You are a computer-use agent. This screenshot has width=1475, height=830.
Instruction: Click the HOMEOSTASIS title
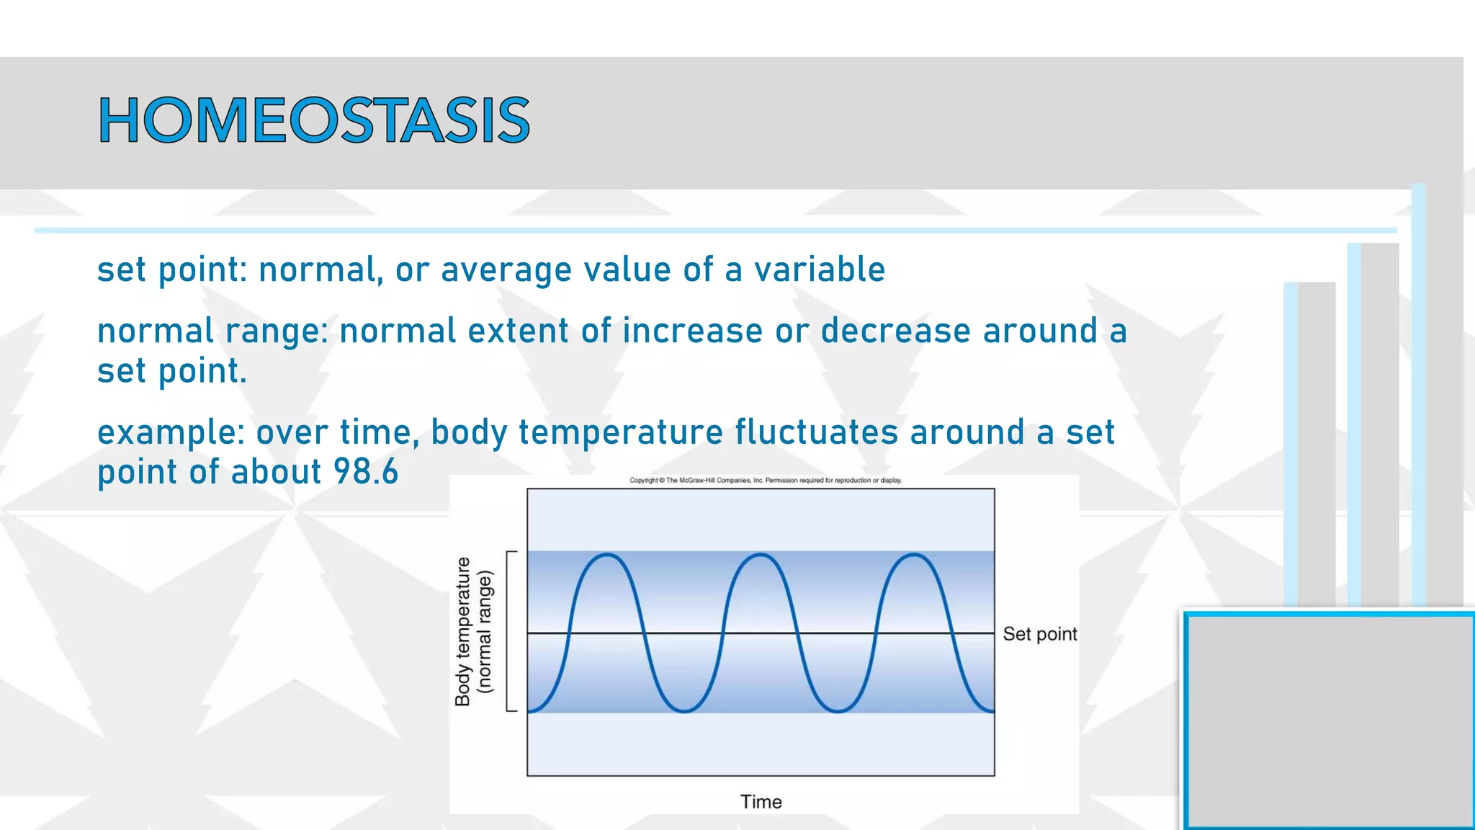[x=314, y=120]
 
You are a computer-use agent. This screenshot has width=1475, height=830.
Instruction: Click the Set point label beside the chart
[x=1039, y=634]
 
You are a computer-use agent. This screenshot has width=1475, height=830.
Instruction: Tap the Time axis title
[x=761, y=802]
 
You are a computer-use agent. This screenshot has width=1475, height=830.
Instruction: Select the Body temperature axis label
[x=463, y=631]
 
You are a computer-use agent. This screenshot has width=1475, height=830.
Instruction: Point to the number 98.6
[x=366, y=472]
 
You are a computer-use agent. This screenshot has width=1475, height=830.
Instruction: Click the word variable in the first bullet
[x=819, y=269]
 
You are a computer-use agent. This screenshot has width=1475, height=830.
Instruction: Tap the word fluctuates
[x=816, y=432]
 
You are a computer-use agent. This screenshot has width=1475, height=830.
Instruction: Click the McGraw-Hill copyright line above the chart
[x=765, y=481]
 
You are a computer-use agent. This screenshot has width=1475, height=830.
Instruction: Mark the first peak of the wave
[x=608, y=555]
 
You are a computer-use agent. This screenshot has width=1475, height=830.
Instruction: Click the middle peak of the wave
[x=761, y=555]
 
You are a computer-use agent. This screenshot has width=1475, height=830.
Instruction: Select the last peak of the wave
[x=913, y=555]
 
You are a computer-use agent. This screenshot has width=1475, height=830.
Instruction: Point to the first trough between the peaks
[x=684, y=712]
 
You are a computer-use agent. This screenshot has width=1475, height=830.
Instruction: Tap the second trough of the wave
[x=838, y=712]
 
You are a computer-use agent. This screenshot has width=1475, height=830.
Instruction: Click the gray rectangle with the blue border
[x=1330, y=720]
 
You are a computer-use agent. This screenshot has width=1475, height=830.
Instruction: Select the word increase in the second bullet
[x=692, y=331]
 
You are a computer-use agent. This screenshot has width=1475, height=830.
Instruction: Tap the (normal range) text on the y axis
[x=485, y=631]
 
